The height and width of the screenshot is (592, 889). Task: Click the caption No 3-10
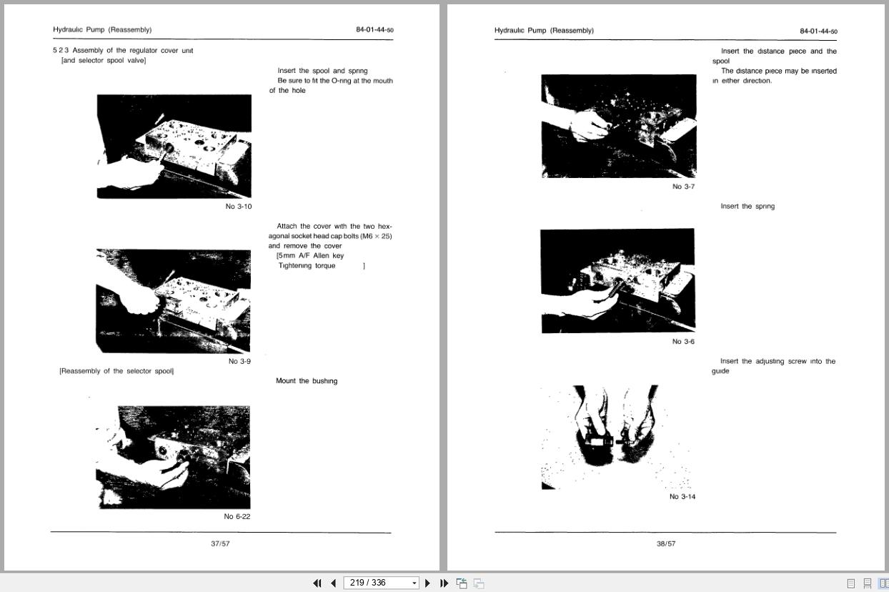pyautogui.click(x=239, y=207)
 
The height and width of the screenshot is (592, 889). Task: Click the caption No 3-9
pyautogui.click(x=239, y=362)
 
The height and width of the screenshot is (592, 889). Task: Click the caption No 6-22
pyautogui.click(x=237, y=517)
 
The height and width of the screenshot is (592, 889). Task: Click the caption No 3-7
pyautogui.click(x=683, y=187)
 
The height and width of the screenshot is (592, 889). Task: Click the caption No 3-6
pyautogui.click(x=683, y=342)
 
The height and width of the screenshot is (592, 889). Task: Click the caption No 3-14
pyautogui.click(x=682, y=497)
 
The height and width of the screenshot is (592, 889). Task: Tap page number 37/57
pyautogui.click(x=220, y=544)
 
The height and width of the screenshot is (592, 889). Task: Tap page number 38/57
pyautogui.click(x=666, y=544)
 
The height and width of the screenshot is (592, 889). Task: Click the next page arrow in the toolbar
pyautogui.click(x=427, y=583)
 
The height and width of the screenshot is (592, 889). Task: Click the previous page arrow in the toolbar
pyautogui.click(x=333, y=583)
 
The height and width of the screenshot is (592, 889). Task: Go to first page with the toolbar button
pyautogui.click(x=317, y=583)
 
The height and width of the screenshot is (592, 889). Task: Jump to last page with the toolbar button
pyautogui.click(x=444, y=583)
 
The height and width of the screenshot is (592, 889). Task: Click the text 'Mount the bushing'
pyautogui.click(x=307, y=381)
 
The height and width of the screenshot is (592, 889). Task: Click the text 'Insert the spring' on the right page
pyautogui.click(x=748, y=207)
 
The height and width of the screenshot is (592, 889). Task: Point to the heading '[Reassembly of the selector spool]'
pyautogui.click(x=116, y=371)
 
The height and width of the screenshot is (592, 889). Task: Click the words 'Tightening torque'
pyautogui.click(x=307, y=266)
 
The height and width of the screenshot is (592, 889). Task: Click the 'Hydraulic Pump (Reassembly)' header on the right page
pyautogui.click(x=544, y=31)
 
